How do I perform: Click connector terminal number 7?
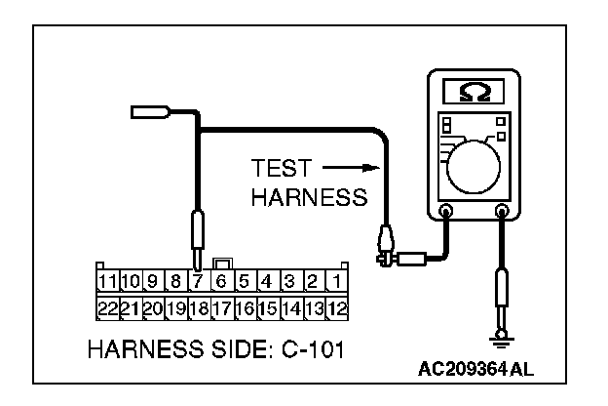pos(199,283)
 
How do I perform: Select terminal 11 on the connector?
pos(107,283)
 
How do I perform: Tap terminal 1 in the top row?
pos(335,283)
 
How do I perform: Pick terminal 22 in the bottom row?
pos(107,307)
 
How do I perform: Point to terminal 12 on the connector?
pos(335,307)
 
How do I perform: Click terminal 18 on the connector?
pos(199,307)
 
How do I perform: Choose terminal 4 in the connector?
pos(267,283)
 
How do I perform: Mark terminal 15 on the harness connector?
pos(267,307)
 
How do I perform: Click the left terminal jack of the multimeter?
pos(446,210)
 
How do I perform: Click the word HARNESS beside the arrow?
pos(308,197)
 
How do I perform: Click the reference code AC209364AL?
pos(476,371)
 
